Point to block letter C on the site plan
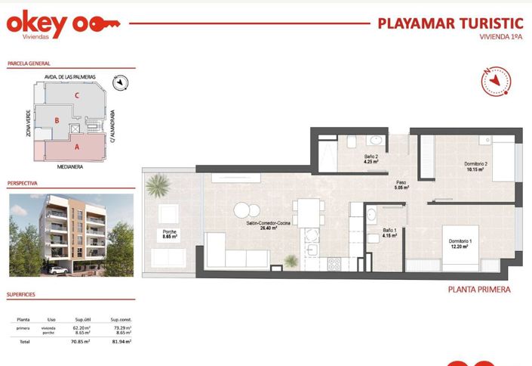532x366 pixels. click(77, 95)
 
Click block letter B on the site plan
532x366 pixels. click(57, 120)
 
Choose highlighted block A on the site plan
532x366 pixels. click(77, 147)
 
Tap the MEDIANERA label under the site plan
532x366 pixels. click(70, 168)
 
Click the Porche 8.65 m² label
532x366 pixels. click(169, 234)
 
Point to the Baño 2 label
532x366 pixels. click(371, 159)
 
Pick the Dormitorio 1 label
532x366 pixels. click(460, 243)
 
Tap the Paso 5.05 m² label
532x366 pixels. click(401, 185)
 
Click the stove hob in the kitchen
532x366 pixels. click(334, 264)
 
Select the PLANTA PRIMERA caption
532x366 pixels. click(479, 290)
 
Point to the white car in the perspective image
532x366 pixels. click(57, 269)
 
